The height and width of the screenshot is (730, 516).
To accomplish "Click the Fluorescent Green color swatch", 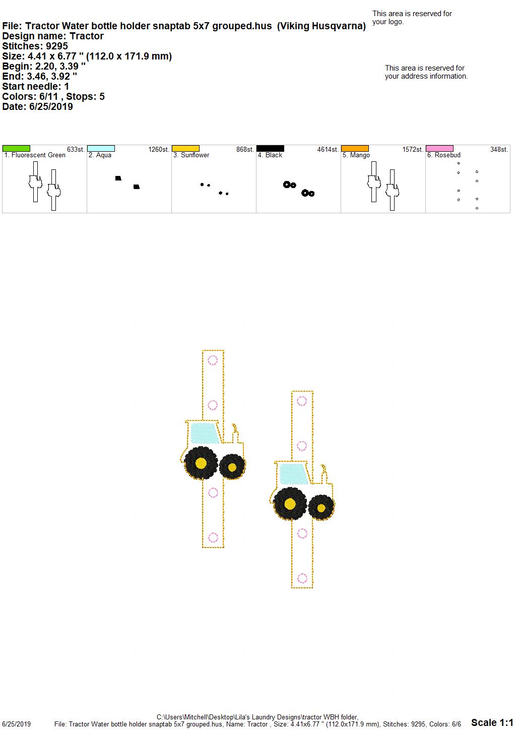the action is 16,149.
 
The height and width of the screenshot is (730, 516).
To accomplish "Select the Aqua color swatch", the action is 101,149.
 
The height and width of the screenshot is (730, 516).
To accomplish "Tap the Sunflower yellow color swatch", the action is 185,149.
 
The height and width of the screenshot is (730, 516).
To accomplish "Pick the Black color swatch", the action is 271,149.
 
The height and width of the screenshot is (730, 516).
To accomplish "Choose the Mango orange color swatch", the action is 355,149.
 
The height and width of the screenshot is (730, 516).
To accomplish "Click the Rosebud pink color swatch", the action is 440,149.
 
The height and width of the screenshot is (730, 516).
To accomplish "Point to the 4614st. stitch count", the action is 328,149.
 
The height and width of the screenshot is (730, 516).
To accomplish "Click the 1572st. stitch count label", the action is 413,149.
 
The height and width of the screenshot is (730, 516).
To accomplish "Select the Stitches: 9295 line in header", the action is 35,46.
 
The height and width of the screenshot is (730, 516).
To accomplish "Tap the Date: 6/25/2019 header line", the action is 37,106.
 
